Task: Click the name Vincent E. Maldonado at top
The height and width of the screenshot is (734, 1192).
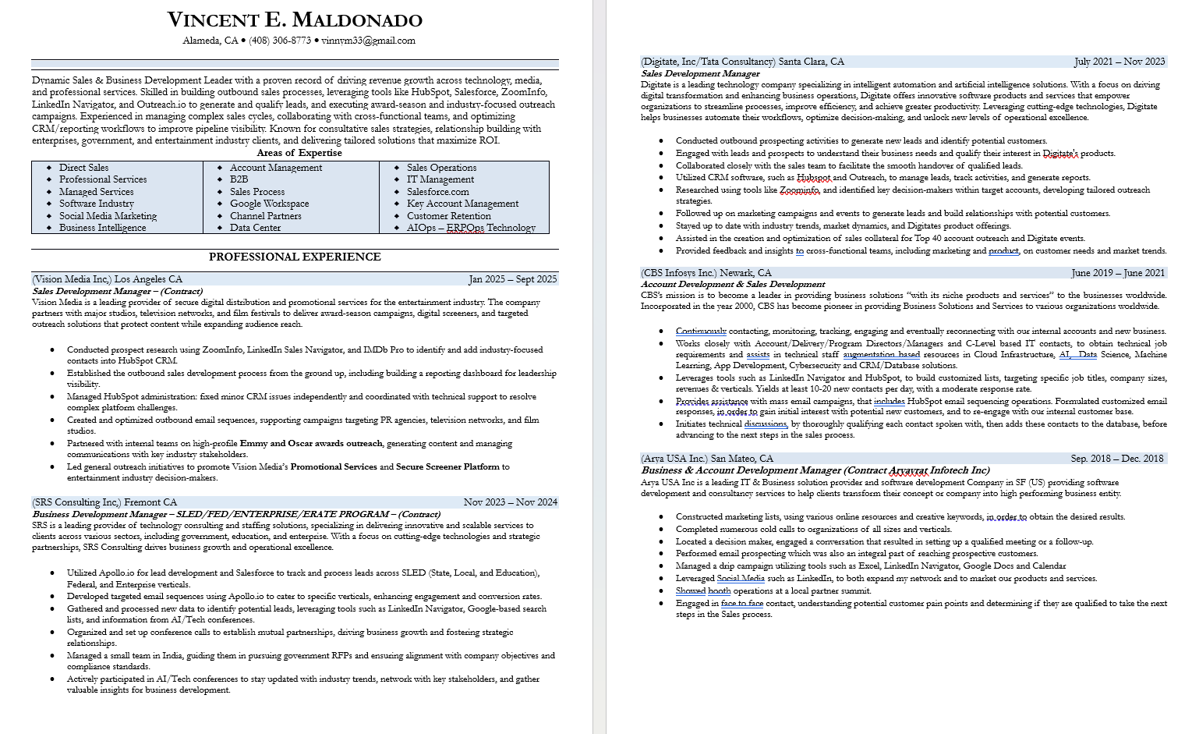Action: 295,20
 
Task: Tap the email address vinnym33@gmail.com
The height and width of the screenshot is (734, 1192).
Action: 368,41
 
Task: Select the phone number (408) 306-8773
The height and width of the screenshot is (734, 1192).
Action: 280,41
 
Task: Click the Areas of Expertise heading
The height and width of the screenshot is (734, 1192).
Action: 299,153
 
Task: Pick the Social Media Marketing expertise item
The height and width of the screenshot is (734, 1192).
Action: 108,216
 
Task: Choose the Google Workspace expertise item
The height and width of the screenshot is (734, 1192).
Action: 269,204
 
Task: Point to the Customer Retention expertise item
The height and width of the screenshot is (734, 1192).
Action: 448,216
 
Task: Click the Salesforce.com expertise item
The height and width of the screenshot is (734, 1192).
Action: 437,192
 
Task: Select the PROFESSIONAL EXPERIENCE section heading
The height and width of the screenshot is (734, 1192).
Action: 295,257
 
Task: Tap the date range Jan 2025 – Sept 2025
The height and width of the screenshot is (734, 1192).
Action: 512,279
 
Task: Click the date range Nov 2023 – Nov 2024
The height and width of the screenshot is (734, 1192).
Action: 510,502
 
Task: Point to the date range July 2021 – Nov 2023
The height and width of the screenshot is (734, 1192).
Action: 1119,62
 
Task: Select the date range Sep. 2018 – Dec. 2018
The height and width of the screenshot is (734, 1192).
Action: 1116,459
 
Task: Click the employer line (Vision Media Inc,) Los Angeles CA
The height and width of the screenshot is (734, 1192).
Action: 108,279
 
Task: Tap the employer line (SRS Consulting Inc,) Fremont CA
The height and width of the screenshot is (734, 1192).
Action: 104,502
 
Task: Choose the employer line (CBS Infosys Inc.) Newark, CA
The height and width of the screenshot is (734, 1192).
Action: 706,273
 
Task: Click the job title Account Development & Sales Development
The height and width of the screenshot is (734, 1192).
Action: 733,284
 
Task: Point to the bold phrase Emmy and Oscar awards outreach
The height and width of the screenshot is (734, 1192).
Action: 311,443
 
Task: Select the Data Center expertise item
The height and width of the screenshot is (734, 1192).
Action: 255,228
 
